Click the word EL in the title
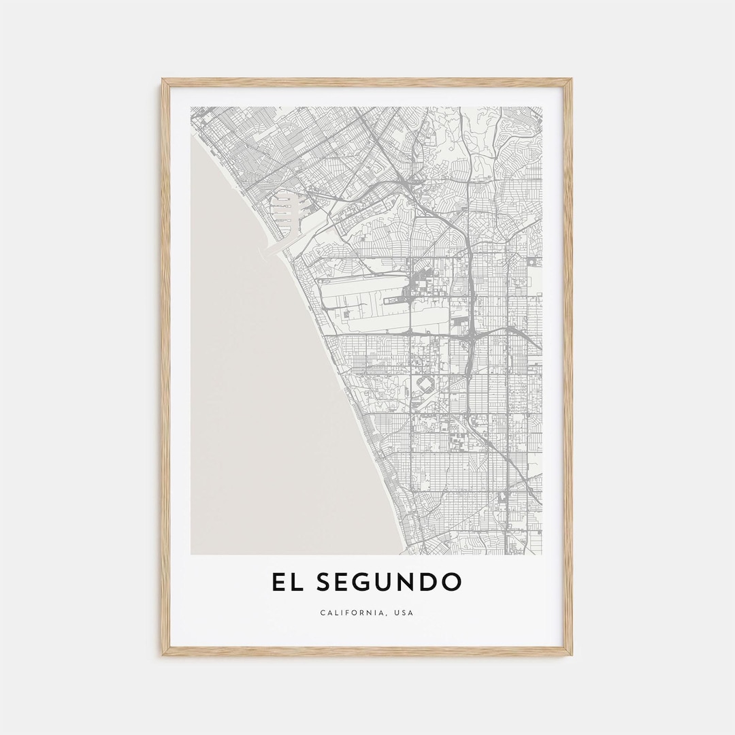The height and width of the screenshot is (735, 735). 284,583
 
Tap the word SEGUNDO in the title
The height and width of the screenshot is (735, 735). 385,583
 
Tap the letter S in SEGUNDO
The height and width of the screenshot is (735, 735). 321,583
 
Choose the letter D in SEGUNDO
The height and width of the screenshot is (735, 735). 429,583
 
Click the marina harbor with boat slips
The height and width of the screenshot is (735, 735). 286,208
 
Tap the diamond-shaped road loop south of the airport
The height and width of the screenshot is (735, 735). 425,385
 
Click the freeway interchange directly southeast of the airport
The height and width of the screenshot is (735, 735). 471,336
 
